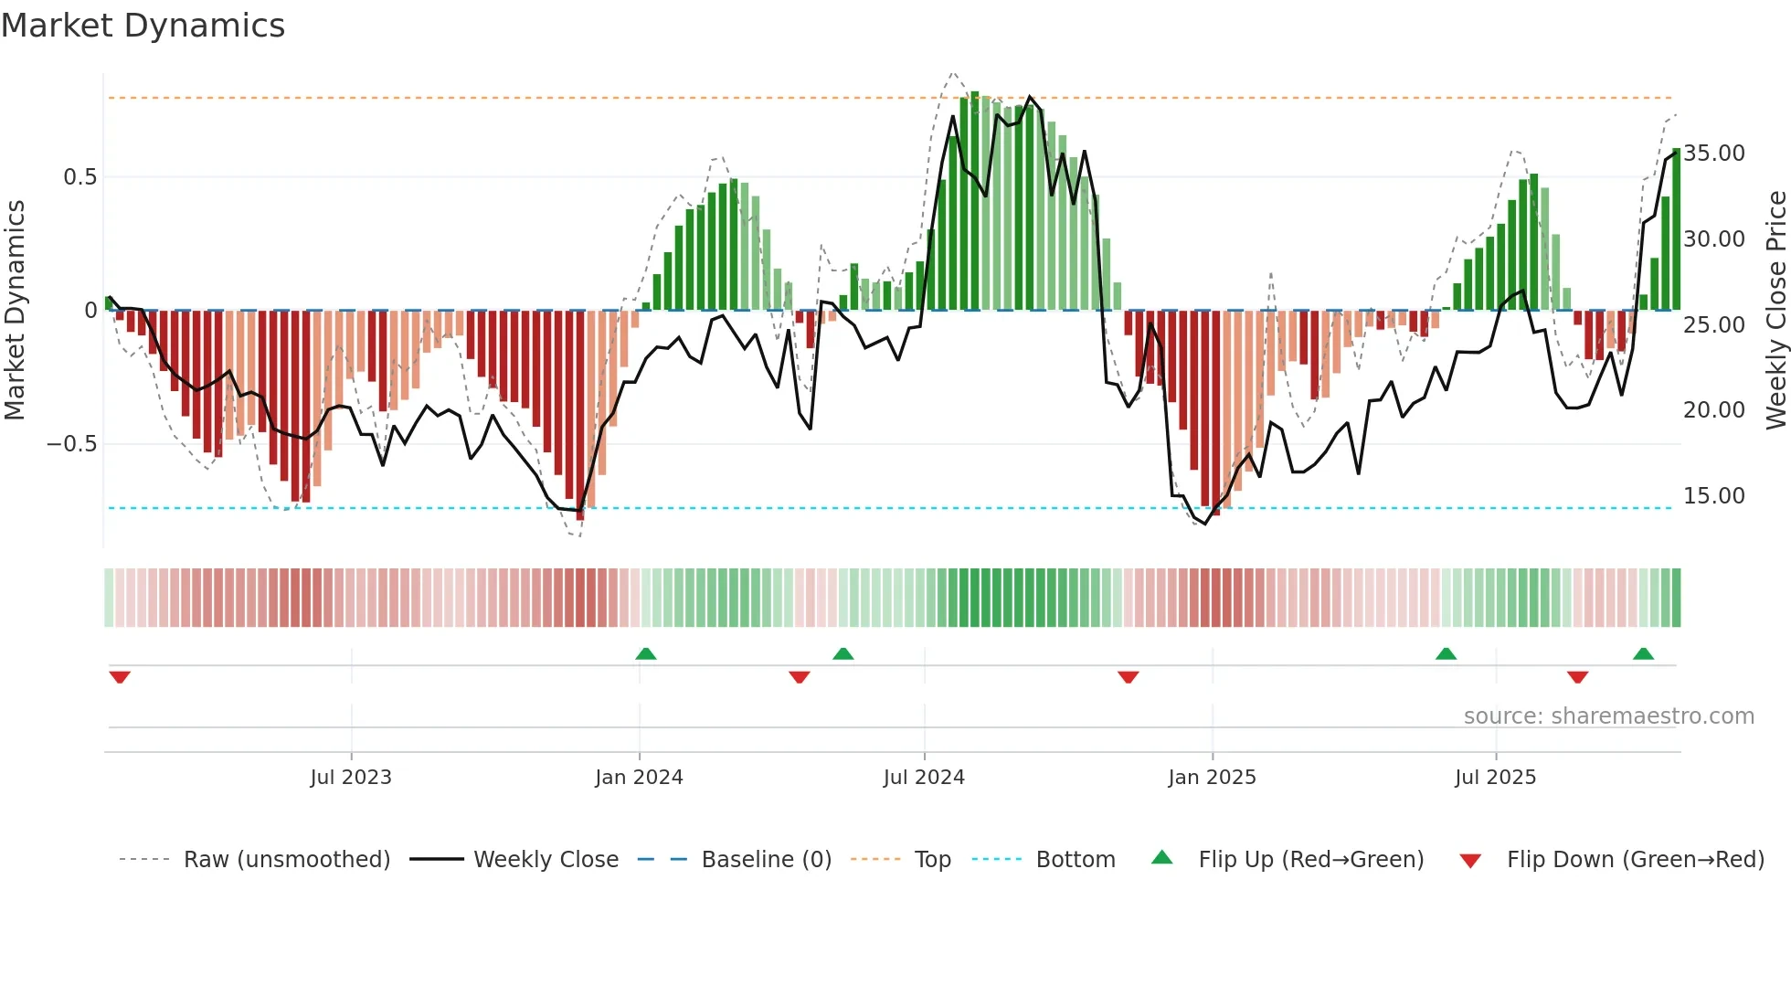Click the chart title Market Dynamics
click(x=143, y=26)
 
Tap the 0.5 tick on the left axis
click(x=79, y=177)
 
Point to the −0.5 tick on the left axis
click(x=71, y=444)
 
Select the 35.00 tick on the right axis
click(x=1714, y=154)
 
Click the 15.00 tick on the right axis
click(x=1714, y=496)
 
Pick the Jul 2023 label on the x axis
click(x=351, y=778)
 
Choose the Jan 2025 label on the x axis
click(x=1212, y=778)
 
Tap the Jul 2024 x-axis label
click(x=924, y=778)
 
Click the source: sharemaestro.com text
click(x=1608, y=716)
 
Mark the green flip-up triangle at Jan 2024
click(x=646, y=653)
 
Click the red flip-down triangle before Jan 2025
click(x=1128, y=677)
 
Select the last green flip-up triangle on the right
click(x=1643, y=653)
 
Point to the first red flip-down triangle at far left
click(x=120, y=677)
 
